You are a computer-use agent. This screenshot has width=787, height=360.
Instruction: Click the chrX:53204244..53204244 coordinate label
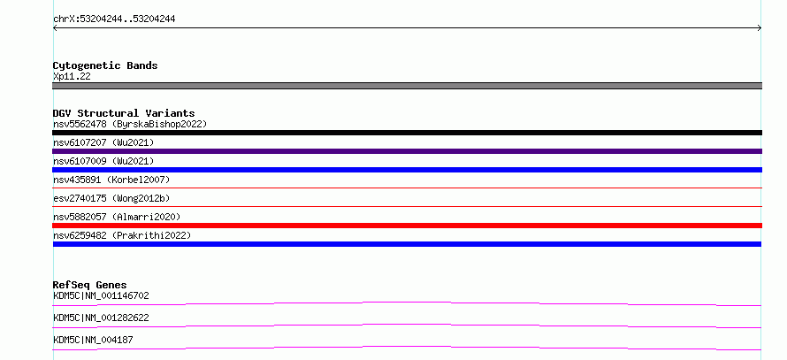coord(114,19)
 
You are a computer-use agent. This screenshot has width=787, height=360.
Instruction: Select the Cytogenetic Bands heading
coord(105,65)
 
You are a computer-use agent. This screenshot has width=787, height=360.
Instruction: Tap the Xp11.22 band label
coord(72,77)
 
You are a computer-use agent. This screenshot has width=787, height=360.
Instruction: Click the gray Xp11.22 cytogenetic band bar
coord(407,86)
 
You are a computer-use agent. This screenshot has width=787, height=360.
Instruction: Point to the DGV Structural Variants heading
coord(124,113)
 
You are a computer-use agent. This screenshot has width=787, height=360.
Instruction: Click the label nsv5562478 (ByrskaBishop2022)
coord(130,124)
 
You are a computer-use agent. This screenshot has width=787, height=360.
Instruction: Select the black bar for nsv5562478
coord(407,133)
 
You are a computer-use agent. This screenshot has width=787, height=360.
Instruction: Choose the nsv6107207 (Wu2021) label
coord(103,142)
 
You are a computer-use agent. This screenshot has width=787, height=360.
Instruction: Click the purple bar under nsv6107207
coord(407,151)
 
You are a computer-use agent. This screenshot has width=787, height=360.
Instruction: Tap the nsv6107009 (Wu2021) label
coord(103,161)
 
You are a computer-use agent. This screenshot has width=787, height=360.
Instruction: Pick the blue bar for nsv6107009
coord(407,170)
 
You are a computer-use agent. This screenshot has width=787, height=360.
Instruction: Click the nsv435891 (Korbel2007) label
coord(111,180)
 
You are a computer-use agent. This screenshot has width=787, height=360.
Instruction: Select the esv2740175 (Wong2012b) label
coord(111,198)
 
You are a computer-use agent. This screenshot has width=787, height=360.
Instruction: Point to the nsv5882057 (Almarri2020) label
coord(117,217)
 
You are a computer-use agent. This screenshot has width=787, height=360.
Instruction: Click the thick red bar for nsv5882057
coord(407,226)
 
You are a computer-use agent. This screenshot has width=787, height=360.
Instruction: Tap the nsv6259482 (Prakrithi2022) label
coord(122,235)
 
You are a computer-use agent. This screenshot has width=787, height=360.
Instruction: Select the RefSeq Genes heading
coord(90,285)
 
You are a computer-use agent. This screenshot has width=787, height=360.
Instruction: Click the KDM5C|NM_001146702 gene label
coord(101,295)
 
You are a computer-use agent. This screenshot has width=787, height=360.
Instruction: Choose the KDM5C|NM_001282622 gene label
coord(101,318)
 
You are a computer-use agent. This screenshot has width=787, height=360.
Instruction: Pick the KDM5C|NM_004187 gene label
coord(93,340)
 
